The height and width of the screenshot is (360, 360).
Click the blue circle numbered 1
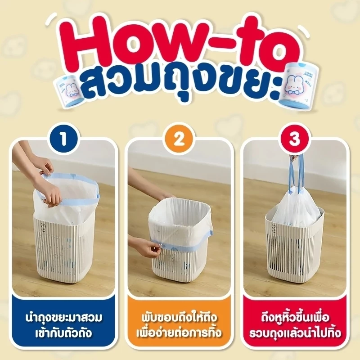coord(64,139)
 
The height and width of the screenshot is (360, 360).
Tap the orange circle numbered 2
coord(179,139)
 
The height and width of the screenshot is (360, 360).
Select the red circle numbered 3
coord(295,139)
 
